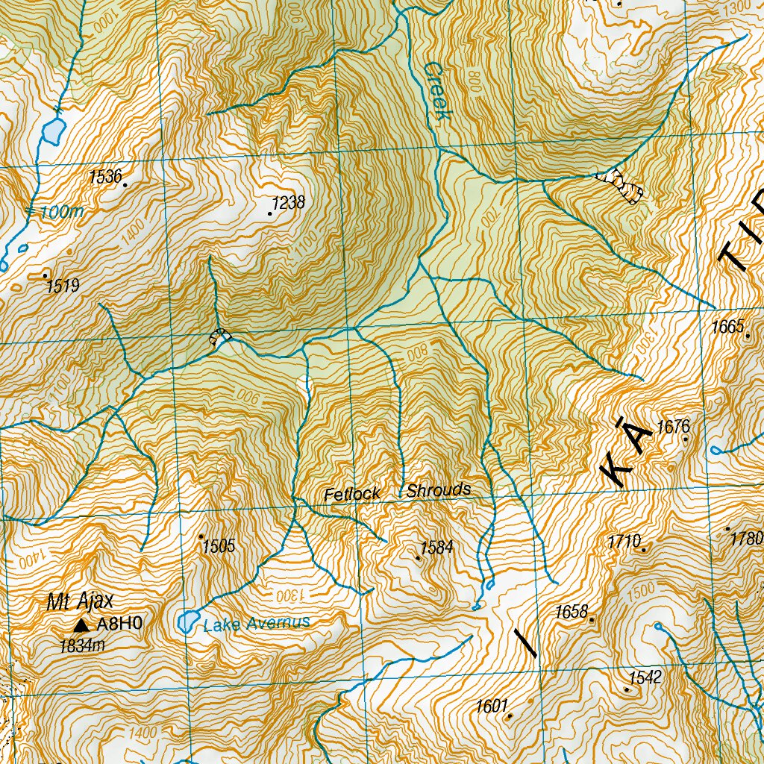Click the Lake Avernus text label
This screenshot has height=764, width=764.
tap(256, 624)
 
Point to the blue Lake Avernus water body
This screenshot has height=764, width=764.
tap(188, 621)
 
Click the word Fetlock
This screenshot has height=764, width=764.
tap(352, 494)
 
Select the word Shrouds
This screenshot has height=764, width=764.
tap(439, 490)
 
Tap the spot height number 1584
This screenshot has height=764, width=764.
tap(436, 548)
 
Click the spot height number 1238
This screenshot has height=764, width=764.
tap(289, 203)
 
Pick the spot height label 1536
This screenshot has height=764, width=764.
tap(104, 177)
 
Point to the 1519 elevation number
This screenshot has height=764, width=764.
tap(63, 286)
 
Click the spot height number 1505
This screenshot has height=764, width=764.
tap(219, 546)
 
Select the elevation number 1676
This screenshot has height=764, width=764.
tap(673, 427)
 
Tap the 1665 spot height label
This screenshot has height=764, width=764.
tap(728, 326)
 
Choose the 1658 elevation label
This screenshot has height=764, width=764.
tap(572, 612)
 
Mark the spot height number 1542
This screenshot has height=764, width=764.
tap(645, 677)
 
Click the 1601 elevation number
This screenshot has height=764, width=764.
tap(492, 706)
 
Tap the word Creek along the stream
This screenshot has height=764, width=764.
tap(436, 91)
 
